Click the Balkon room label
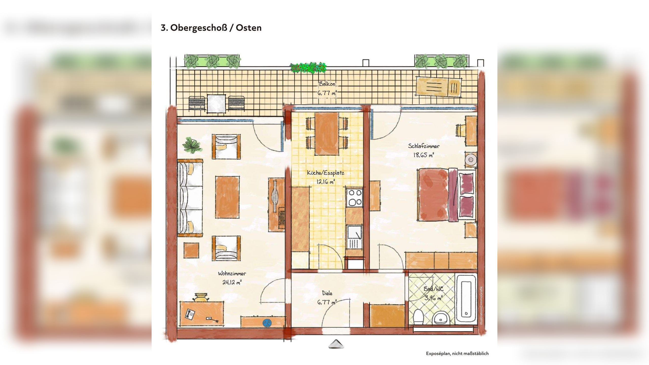pos(327,84)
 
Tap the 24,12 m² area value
pos(232,282)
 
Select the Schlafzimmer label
pos(424,146)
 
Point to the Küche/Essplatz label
pos(326,173)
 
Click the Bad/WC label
pos(433,289)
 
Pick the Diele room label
pos(327,293)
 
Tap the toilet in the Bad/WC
pos(418,317)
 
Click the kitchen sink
pos(354,237)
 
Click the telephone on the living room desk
pos(190,313)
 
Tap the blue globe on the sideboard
pos(267,323)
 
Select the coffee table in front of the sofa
pos(227,197)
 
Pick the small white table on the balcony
pos(216,103)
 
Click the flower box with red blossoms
pos(308,68)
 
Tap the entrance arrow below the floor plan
pos(336,344)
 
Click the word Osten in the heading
pos(248,28)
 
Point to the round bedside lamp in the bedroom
pos(471,159)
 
